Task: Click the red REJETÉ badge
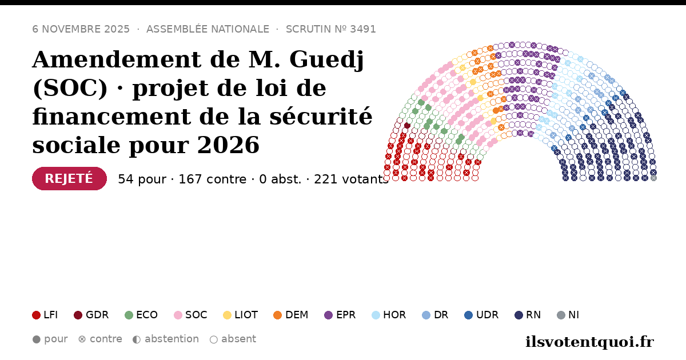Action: coord(69,178)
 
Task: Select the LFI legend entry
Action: coord(45,315)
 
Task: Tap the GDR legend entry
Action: coord(91,315)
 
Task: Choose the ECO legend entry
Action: coord(141,315)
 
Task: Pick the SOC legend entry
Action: coord(190,315)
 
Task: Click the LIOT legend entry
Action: coord(241,315)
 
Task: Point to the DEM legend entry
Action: coord(290,315)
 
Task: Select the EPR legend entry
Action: coord(340,315)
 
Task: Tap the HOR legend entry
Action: coord(389,315)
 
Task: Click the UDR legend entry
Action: coord(481,315)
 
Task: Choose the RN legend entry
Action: coord(528,315)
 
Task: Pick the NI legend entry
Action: coord(568,315)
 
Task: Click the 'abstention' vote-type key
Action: coord(166,339)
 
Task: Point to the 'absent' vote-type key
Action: coord(233,339)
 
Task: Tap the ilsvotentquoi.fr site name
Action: coord(589,342)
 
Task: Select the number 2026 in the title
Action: coord(228,145)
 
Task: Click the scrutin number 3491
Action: coord(363,29)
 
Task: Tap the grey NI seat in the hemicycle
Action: coord(653,178)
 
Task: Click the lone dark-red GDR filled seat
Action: coord(407,125)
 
